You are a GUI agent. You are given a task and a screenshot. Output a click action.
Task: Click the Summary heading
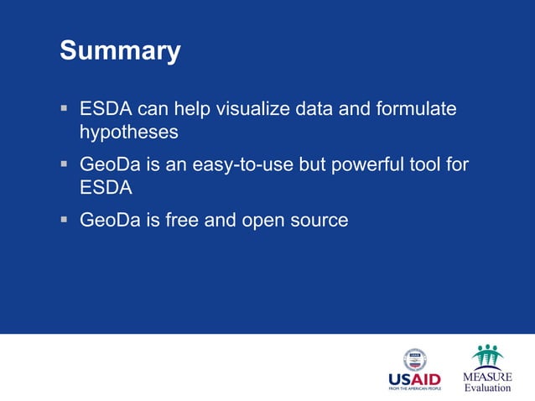pos(120,51)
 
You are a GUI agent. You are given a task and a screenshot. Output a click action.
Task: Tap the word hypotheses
pos(128,133)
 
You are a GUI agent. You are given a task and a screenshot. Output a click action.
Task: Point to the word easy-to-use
pos(243,165)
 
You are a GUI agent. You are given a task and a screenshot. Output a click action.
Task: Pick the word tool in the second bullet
pos(423,165)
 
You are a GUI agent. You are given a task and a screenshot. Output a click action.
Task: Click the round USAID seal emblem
pos(414,359)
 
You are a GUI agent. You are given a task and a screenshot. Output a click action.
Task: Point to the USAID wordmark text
pos(413,379)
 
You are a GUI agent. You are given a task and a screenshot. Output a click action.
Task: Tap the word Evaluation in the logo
pos(487,388)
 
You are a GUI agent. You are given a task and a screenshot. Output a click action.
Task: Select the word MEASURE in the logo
pos(487,377)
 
